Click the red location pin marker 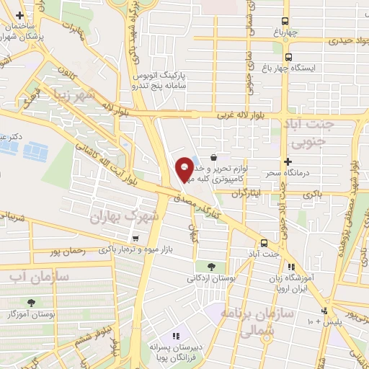184,169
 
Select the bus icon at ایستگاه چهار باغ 288,57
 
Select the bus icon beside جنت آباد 264,243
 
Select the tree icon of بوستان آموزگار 31,303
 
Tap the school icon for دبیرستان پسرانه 175,336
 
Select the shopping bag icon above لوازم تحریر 213,157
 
